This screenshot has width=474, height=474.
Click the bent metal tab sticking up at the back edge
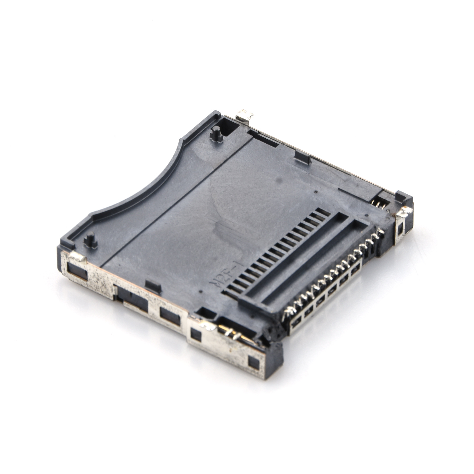(x=245, y=116)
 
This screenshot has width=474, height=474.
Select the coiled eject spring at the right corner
(x=377, y=203)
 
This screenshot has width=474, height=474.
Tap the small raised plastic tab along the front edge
(x=153, y=286)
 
